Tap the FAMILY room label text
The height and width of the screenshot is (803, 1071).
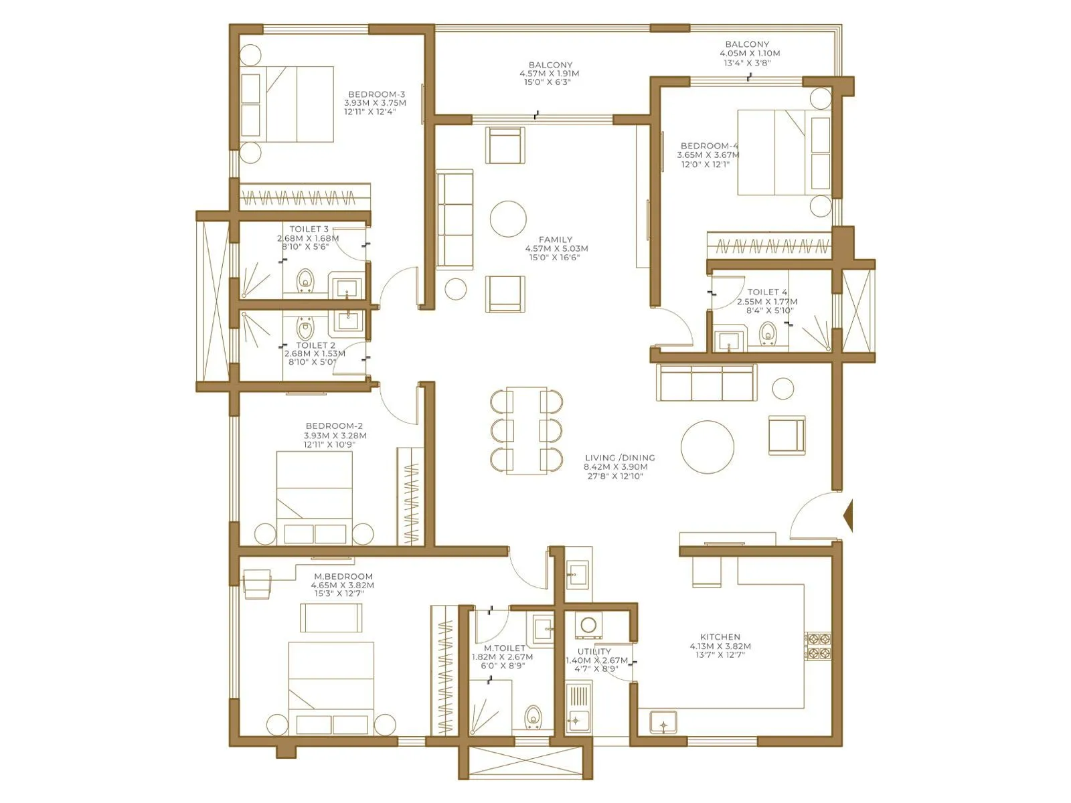pyautogui.click(x=556, y=239)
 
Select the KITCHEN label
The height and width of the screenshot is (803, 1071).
pyautogui.click(x=720, y=637)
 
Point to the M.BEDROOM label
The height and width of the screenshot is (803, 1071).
pyautogui.click(x=343, y=576)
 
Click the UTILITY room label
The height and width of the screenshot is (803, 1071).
pyautogui.click(x=594, y=651)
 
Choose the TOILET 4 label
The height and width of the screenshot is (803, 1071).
pyautogui.click(x=767, y=292)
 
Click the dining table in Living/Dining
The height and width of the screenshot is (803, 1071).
pyautogui.click(x=526, y=431)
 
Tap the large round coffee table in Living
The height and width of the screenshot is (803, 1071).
pyautogui.click(x=708, y=446)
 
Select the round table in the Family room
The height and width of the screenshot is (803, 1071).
pyautogui.click(x=508, y=219)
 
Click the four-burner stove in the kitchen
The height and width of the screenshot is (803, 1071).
pyautogui.click(x=817, y=646)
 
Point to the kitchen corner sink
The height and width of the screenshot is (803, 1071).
pyautogui.click(x=663, y=723)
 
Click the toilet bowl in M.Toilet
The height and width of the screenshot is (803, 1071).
pyautogui.click(x=533, y=717)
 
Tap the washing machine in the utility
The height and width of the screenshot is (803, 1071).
pyautogui.click(x=588, y=625)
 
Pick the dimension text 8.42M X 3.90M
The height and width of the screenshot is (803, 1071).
pyautogui.click(x=616, y=467)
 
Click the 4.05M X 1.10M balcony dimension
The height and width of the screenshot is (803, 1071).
pyautogui.click(x=749, y=54)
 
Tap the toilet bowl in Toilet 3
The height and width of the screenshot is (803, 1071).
pyautogui.click(x=306, y=281)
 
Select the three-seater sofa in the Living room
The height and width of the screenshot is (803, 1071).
pyautogui.click(x=707, y=383)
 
